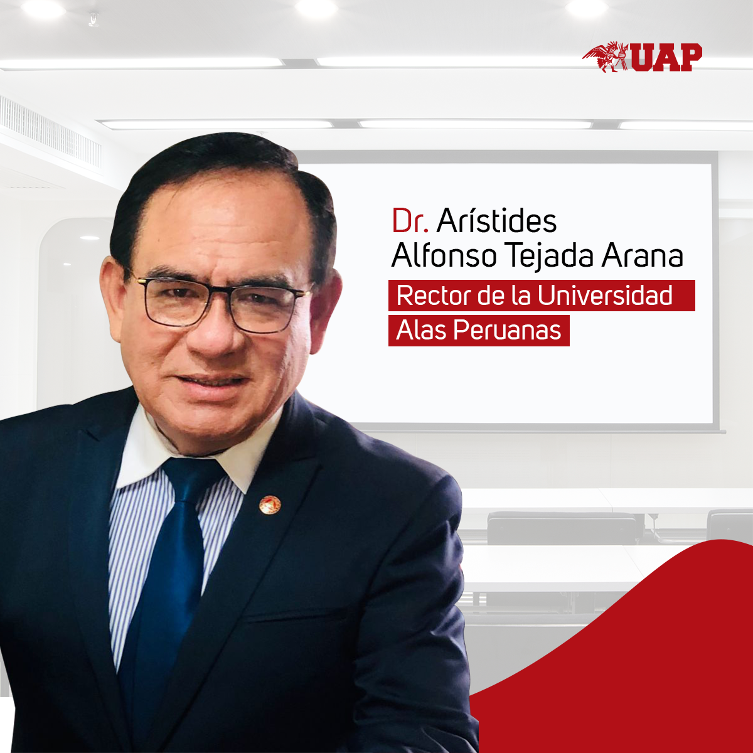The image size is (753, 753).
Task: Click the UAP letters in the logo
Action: (x=666, y=58)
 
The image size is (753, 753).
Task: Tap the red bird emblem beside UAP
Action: (x=606, y=57)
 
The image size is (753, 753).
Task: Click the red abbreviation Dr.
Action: (x=410, y=221)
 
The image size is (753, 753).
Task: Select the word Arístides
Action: (x=496, y=220)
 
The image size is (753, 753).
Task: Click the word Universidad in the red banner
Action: (x=605, y=295)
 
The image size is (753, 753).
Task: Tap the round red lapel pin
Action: (x=270, y=505)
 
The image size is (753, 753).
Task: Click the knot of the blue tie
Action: (x=193, y=480)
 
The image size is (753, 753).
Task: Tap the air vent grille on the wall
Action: (x=50, y=133)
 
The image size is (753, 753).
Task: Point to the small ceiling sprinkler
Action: (x=93, y=19)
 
